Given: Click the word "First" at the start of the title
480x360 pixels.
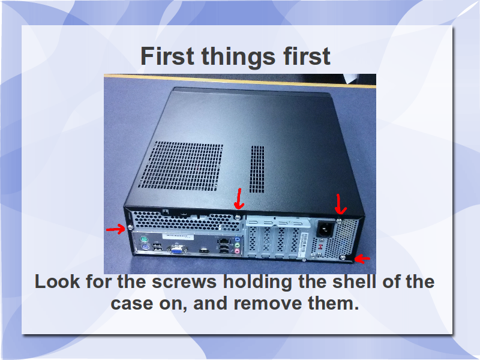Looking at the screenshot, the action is pos(167,56).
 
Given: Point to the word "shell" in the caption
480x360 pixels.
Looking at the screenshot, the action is pos(354,281).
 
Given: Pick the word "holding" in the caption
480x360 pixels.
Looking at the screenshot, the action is pos(257,282).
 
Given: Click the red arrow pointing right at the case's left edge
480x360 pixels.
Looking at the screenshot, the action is pos(116,229).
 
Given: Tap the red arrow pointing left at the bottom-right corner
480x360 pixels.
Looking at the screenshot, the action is pos(362,259).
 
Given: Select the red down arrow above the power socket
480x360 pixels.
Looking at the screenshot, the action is pos(340,204).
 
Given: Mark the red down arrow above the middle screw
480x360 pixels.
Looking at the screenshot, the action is pos(239,199).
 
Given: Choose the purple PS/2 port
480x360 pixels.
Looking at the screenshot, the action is pos(143,247).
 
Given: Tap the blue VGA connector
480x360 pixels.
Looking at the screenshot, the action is pos(176,251).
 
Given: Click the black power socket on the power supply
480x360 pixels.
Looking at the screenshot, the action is pos(325,229).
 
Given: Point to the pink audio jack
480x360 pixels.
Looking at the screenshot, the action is pos(236,251).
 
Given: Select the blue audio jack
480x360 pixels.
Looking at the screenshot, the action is pos(237,239).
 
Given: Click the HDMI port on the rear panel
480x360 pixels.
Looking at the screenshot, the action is pos(205,251).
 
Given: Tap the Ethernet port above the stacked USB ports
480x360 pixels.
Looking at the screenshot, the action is pos(223,241).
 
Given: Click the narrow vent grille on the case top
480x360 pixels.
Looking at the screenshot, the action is pos(257,169).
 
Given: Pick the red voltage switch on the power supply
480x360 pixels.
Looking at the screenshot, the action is pos(320,247).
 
